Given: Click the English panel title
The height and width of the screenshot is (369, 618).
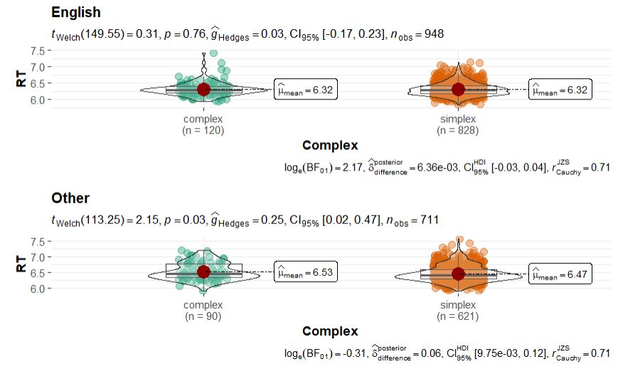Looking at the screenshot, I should click(76, 13).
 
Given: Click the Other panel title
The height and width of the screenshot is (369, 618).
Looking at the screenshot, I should click(70, 198).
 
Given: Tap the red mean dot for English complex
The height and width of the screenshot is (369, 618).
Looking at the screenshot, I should click(203, 90).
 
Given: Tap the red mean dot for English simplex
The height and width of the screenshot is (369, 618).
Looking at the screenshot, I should click(457, 90).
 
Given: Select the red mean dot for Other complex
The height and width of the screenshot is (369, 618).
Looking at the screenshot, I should click(203, 272).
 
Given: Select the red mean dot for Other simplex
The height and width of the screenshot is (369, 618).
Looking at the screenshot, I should click(457, 274).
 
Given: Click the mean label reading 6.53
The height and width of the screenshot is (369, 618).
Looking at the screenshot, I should click(304, 272).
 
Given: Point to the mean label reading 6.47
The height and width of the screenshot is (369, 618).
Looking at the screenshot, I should click(558, 274).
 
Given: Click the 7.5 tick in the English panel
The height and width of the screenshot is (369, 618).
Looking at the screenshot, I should click(40, 51).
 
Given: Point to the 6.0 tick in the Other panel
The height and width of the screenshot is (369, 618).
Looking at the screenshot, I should click(40, 289).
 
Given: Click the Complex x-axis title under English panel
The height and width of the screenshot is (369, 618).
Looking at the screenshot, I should click(330, 146).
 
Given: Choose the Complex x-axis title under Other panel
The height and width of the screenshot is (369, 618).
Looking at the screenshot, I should click(330, 331).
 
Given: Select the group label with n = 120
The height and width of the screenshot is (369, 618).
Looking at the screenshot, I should click(203, 125).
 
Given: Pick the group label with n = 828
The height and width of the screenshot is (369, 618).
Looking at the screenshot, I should click(457, 125).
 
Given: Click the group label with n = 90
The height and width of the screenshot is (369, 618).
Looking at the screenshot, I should click(203, 311).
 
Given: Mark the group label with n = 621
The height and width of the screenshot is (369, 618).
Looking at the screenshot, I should click(457, 311).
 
